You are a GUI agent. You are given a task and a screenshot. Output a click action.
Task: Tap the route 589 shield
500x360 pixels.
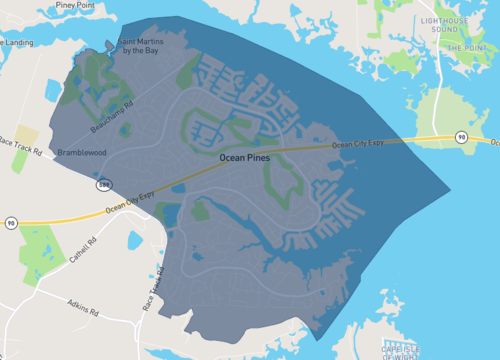(104, 185)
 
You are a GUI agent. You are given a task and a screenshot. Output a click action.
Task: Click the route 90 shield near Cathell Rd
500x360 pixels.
(11, 222)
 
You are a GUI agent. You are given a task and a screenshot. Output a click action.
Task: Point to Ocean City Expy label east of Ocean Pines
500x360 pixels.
(356, 144)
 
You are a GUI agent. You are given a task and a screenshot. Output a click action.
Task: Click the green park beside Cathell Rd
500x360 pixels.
(38, 250)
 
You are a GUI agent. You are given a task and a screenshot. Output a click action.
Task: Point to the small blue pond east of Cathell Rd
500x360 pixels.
(131, 239)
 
